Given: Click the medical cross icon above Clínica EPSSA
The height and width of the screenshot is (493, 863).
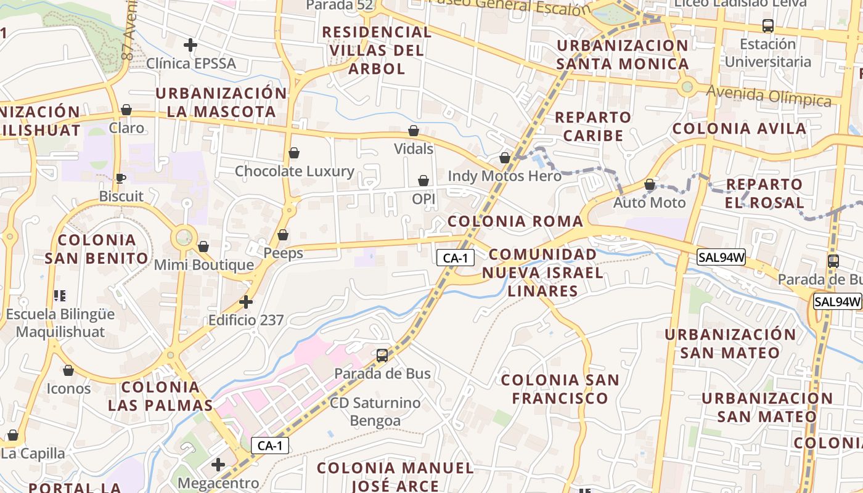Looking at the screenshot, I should [190, 45].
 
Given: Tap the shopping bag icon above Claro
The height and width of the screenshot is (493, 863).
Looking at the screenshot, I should [126, 110].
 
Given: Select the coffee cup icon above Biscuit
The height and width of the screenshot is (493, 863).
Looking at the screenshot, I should [121, 179].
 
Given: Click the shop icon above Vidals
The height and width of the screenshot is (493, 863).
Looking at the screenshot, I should [414, 131].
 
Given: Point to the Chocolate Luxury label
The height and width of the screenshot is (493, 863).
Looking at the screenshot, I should [295, 171].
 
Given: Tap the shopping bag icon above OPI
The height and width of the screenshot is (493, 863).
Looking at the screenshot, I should [423, 181].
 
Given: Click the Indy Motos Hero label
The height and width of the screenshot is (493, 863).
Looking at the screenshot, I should [505, 176].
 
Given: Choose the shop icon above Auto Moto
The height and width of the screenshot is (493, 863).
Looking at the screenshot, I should [650, 184].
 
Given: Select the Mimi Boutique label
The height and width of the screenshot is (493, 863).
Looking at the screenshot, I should [203, 265].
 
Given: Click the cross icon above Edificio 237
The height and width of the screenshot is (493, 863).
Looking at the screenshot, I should [246, 302].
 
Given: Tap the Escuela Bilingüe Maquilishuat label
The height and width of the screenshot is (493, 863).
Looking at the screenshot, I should [60, 323].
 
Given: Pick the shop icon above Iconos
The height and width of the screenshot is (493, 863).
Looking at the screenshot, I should [68, 370].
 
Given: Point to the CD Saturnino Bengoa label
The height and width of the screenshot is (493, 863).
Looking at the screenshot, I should [375, 412].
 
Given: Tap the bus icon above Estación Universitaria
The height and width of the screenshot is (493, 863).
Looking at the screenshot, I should [768, 26].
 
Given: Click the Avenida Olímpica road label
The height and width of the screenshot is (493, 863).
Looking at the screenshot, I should [769, 96].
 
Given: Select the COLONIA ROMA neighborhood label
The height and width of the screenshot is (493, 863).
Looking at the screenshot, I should [515, 221].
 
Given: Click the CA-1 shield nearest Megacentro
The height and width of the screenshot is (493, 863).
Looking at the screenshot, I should [270, 446].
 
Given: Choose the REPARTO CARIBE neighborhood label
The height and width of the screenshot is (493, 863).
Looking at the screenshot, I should [593, 126].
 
